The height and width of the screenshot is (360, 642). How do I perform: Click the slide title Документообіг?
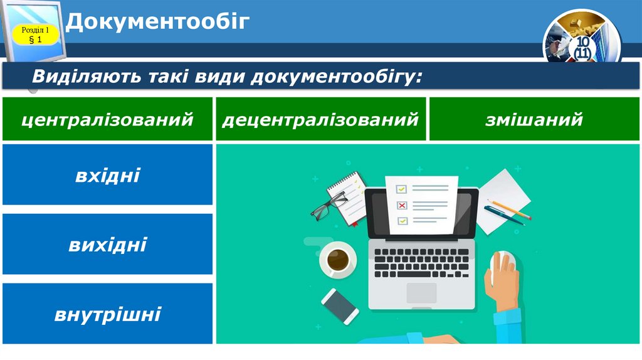(158, 22)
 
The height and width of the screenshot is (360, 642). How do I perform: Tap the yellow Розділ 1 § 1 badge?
(35, 35)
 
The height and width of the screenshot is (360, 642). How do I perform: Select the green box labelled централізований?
(107, 119)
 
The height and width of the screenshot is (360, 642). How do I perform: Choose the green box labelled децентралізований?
(320, 119)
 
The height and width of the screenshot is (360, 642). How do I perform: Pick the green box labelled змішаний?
(534, 119)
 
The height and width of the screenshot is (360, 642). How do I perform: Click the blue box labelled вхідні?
(107, 175)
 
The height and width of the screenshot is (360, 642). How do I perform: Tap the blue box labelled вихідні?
(107, 244)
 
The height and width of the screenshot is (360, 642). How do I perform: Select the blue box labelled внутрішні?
(107, 313)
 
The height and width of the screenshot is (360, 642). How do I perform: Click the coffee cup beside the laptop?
(339, 259)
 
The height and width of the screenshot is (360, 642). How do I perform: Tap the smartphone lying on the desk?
(340, 305)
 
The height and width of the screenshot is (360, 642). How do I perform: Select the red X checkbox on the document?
(402, 205)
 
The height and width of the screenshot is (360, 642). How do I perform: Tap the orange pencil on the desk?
(510, 209)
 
